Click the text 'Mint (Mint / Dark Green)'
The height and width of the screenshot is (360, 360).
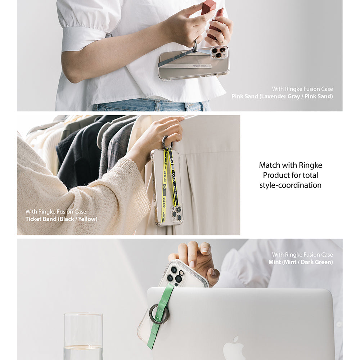[300, 262]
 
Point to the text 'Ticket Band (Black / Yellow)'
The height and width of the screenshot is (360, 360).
[61, 219]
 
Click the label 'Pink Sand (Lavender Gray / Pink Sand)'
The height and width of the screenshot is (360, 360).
[282, 96]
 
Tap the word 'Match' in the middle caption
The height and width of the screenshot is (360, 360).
[269, 165]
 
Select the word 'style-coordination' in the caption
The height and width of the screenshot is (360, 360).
[290, 185]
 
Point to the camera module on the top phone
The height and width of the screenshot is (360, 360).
[219, 53]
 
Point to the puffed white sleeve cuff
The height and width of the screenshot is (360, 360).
[83, 40]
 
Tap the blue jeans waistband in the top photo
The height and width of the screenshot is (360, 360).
[151, 105]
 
